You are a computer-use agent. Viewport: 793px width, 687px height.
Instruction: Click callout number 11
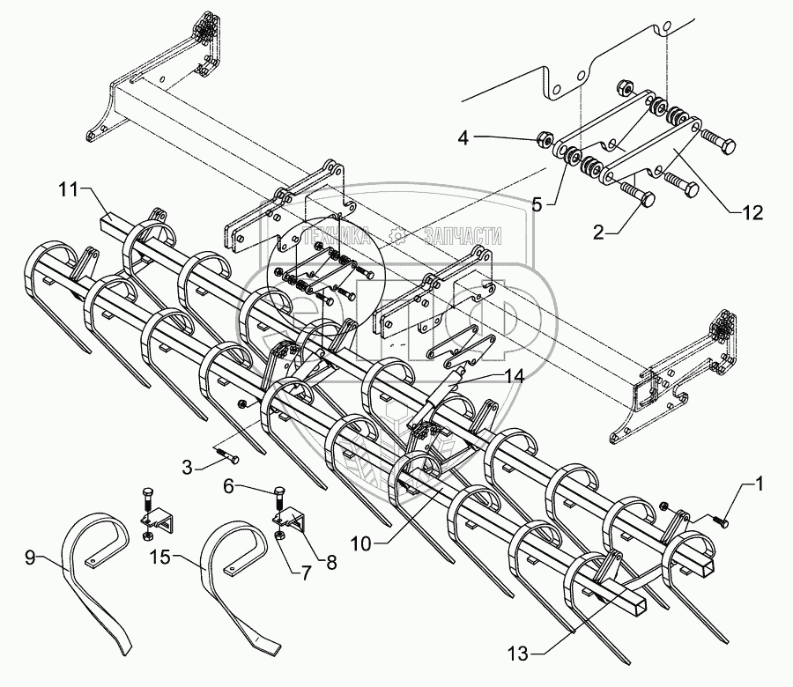(x=70, y=188)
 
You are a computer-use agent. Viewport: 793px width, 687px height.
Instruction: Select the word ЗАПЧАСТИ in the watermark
(x=463, y=235)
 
